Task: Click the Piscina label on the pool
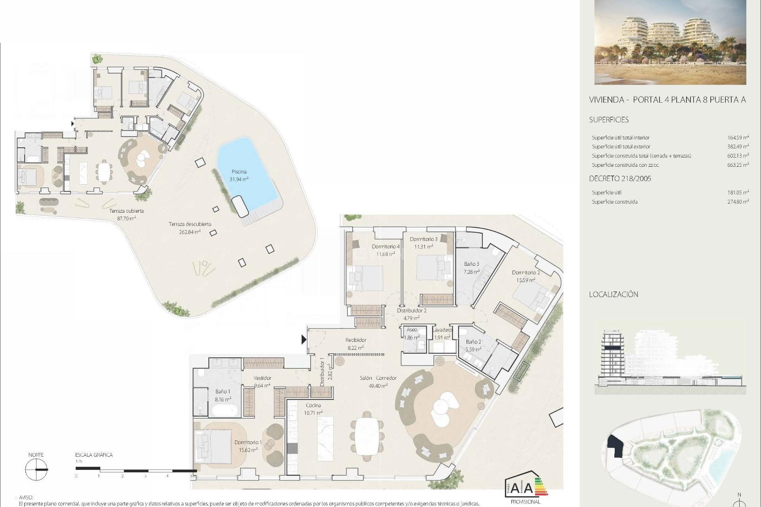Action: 239,172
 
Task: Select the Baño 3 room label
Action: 472,264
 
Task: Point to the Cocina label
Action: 313,405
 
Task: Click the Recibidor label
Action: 356,340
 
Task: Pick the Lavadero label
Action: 442,330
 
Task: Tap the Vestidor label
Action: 262,378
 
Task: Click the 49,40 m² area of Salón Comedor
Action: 378,385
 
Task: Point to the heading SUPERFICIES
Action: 609,120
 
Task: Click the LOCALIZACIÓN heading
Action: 614,294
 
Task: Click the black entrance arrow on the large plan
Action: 304,339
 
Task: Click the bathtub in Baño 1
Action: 225,410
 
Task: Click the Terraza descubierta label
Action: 190,224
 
